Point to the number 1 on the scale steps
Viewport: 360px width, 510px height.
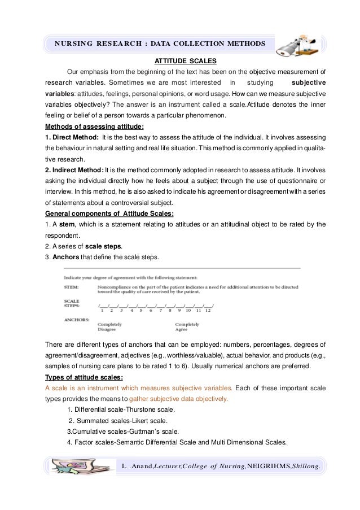102,311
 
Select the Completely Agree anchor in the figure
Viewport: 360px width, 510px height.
187,328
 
